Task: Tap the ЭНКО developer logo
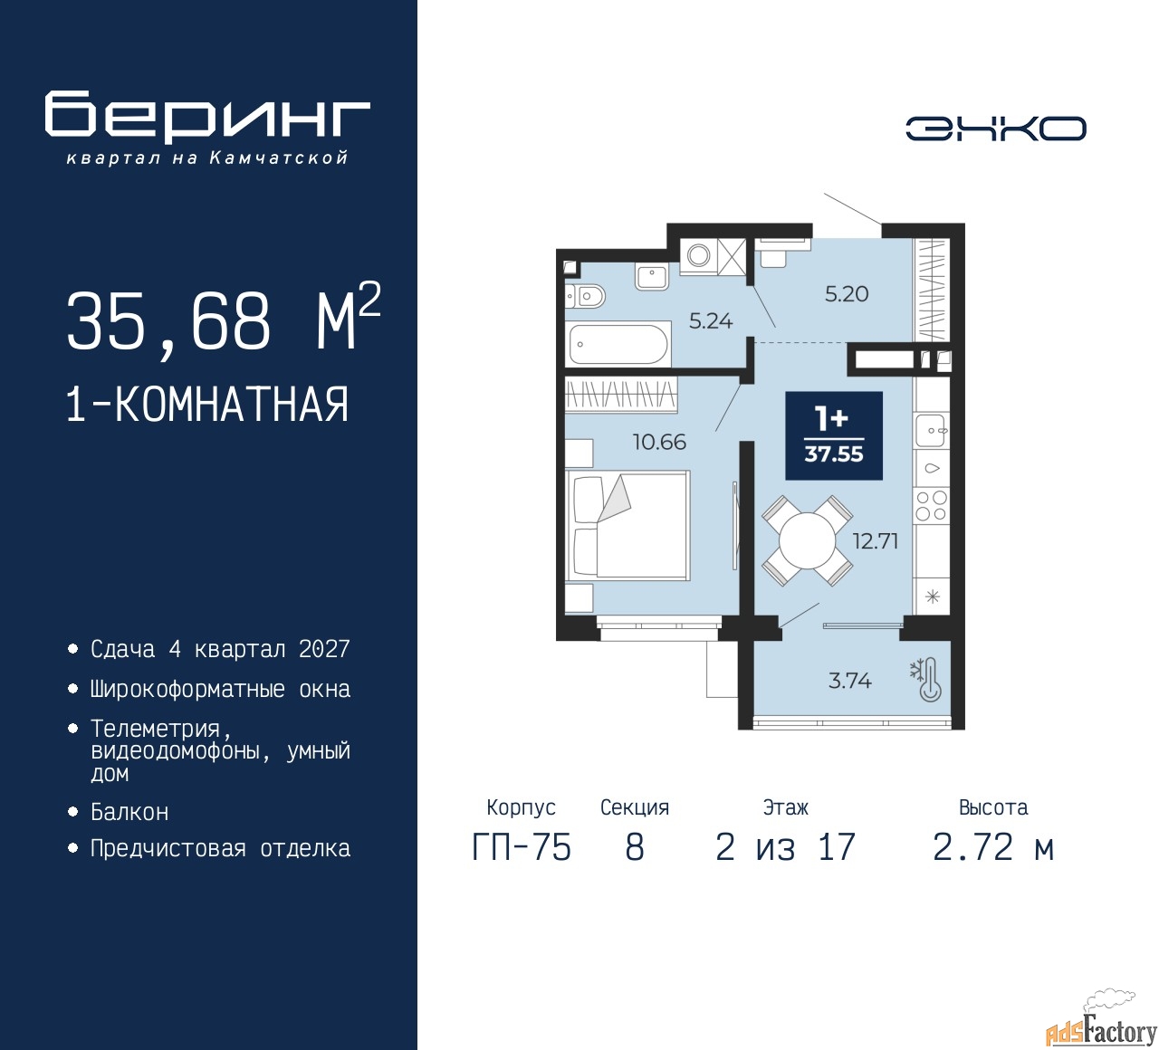pos(995,129)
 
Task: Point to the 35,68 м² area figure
pos(224,319)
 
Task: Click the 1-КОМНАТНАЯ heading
pos(207,405)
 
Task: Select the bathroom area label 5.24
pos(711,321)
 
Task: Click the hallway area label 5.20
pos(847,294)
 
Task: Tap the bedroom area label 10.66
pos(659,443)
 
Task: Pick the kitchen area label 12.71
pos(876,541)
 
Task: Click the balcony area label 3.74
pos(849,681)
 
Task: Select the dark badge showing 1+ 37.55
pos(834,435)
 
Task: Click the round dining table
pos(807,541)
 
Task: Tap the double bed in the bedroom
pos(627,525)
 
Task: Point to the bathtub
pos(618,344)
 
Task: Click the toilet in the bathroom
pos(585,297)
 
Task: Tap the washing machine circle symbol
pos(698,254)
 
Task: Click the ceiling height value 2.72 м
pos(993,847)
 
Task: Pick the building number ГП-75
pos(522,847)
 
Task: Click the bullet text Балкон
pos(129,812)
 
